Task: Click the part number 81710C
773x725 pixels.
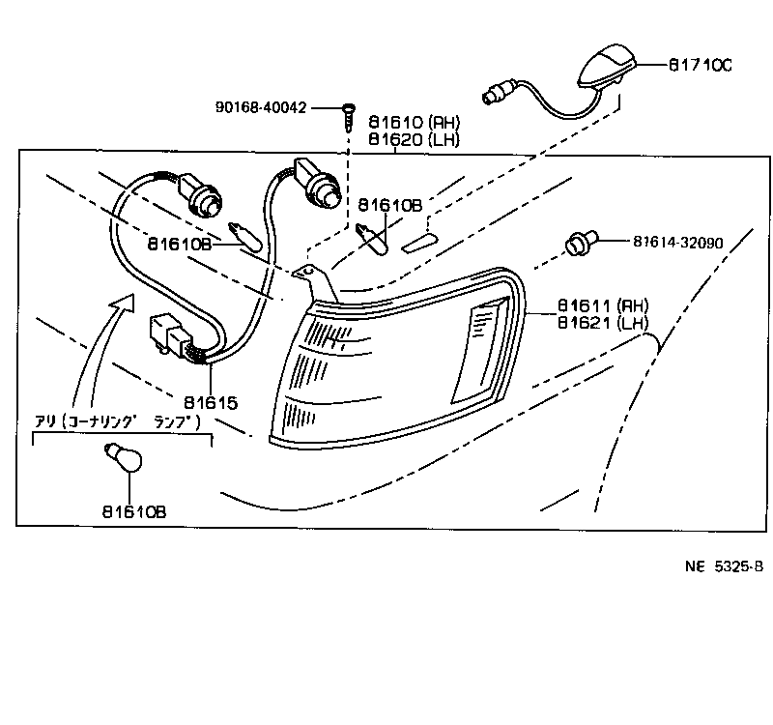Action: click(x=700, y=66)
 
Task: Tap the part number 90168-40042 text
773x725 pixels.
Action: click(x=261, y=107)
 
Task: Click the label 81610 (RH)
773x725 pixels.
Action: click(x=414, y=123)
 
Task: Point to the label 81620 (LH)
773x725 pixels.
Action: click(x=414, y=140)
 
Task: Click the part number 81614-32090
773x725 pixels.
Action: click(x=692, y=242)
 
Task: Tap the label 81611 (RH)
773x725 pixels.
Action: click(x=603, y=304)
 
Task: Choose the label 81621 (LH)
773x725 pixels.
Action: click(x=603, y=322)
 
